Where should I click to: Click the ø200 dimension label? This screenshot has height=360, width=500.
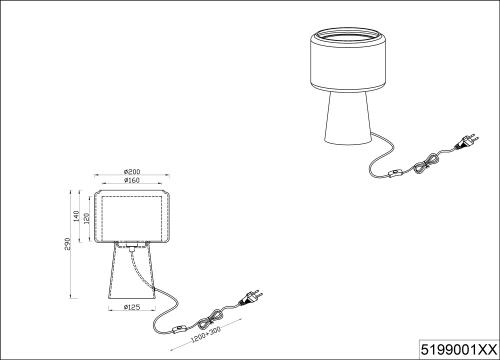(132, 172)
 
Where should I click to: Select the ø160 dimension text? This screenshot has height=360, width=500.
(132, 180)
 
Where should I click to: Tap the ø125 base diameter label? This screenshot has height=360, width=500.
(132, 307)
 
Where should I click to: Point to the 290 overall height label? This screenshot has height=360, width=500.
(68, 244)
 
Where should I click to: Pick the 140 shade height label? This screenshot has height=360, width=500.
(76, 216)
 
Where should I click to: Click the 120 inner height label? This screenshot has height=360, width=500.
(87, 219)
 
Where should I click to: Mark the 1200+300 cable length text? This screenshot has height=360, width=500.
(206, 335)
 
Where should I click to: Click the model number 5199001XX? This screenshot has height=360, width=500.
(459, 350)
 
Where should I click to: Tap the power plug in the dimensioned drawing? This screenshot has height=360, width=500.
(250, 297)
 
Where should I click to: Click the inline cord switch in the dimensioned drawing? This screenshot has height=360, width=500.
(180, 330)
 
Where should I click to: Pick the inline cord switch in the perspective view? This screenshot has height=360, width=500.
(396, 173)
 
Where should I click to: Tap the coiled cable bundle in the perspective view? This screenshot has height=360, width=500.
(427, 163)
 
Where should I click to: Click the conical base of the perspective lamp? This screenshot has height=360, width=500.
(348, 117)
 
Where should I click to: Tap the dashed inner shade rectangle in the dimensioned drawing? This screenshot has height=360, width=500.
(102, 218)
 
